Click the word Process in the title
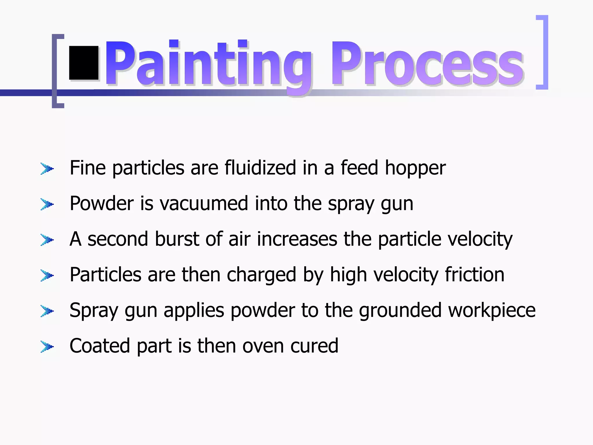point(427,64)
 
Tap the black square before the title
point(84,63)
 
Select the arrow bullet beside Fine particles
point(47,169)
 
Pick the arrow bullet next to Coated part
point(47,346)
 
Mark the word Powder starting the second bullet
point(102,203)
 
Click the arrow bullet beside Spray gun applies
point(47,311)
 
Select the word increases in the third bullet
point(297,239)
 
